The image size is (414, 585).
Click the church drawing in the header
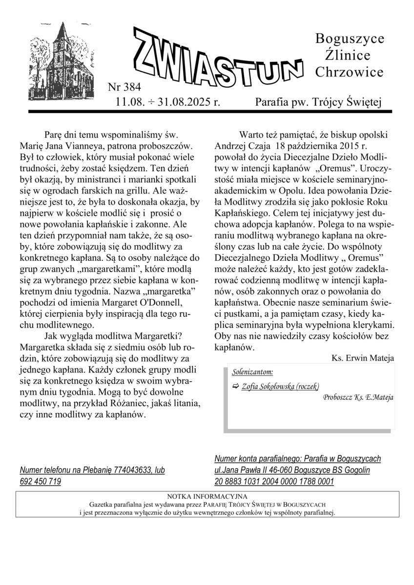(62, 61)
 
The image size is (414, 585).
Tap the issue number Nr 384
(124, 88)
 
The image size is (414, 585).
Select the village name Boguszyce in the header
(350, 39)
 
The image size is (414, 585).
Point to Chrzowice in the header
(349, 72)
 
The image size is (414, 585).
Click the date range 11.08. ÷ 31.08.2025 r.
(168, 102)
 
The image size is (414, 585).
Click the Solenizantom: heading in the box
(252, 373)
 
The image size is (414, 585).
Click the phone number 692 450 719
(41, 482)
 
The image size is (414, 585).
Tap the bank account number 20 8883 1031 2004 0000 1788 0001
(274, 482)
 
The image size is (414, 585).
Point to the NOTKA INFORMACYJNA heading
(207, 496)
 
